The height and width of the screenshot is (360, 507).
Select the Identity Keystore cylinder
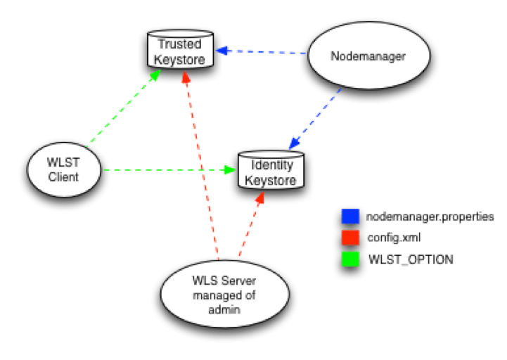[x=271, y=172]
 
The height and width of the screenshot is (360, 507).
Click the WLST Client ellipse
[x=64, y=170]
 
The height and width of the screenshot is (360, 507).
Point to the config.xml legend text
[x=395, y=238]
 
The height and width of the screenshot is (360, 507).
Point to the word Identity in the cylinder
[x=271, y=166]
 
